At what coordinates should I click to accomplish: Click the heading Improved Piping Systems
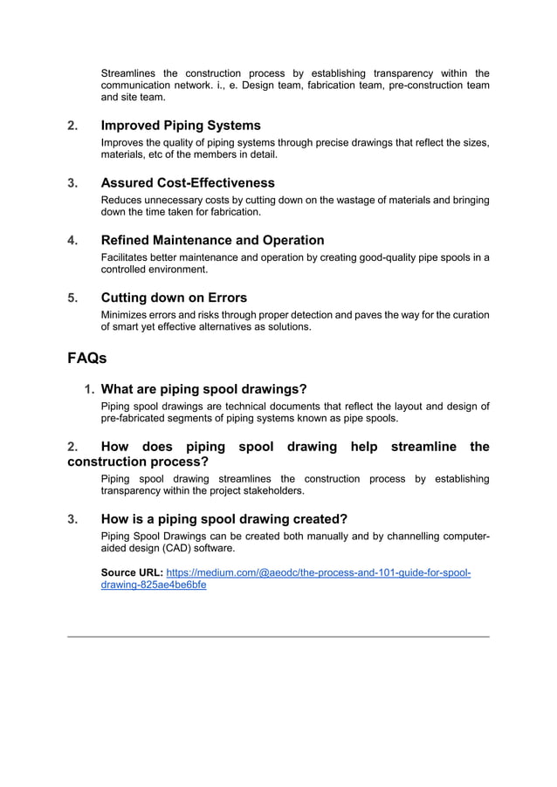[x=181, y=126]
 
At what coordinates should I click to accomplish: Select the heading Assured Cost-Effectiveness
[x=188, y=183]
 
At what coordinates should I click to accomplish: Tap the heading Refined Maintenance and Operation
[x=212, y=240]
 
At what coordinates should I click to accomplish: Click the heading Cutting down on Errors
[x=174, y=298]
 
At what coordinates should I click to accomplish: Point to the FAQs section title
[x=87, y=358]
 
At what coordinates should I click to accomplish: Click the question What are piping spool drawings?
[x=203, y=389]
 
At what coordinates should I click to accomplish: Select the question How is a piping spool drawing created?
[x=223, y=519]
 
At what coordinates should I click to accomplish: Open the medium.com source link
[x=318, y=573]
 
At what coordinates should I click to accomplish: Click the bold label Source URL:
[x=132, y=573]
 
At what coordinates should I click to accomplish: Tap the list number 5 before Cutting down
[x=72, y=298]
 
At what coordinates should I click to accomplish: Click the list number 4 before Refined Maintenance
[x=72, y=240]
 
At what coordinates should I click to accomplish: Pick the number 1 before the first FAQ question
[x=89, y=389]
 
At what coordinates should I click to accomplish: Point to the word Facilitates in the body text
[x=127, y=257]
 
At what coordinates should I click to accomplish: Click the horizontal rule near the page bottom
[x=278, y=637]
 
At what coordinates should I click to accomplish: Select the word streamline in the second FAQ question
[x=423, y=447]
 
